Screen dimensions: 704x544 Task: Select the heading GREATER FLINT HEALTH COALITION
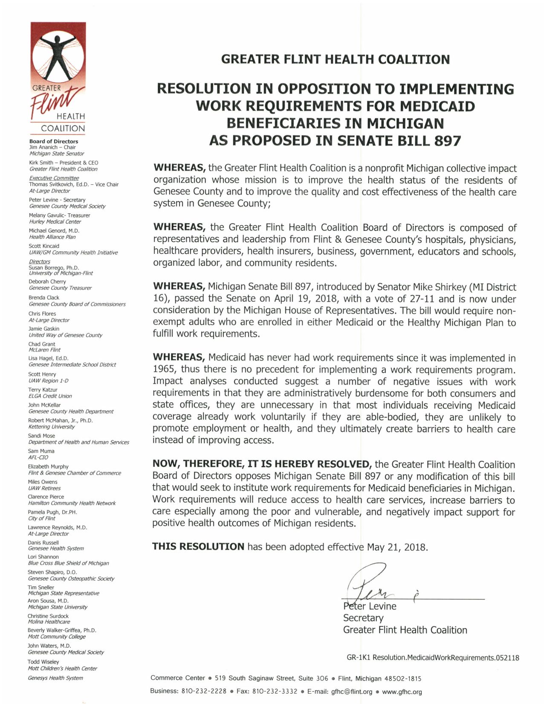point(335,59)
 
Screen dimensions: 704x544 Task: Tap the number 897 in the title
point(448,141)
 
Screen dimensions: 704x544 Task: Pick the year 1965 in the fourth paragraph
point(165,369)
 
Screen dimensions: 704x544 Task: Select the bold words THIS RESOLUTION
point(198,547)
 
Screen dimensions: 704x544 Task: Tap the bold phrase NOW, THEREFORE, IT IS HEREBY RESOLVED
point(262,464)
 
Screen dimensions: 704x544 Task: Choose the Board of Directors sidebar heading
point(54,141)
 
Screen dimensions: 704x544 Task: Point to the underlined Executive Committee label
point(54,178)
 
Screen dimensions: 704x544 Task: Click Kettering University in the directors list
point(51,427)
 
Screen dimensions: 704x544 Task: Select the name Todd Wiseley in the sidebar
point(43,662)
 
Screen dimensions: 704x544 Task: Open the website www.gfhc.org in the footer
point(402,692)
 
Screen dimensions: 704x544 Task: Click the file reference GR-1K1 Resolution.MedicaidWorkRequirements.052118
point(433,657)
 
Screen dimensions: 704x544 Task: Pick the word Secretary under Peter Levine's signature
point(363,618)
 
